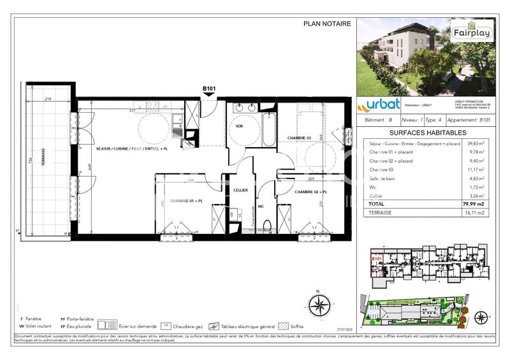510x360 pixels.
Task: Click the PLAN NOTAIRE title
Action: [x=326, y=24]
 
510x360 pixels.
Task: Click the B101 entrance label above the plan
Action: [x=209, y=89]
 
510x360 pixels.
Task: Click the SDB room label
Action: [x=239, y=126]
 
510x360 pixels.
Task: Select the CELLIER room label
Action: [x=240, y=190]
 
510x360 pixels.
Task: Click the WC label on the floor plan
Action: [x=261, y=206]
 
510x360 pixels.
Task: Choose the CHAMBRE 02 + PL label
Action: [x=311, y=191]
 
